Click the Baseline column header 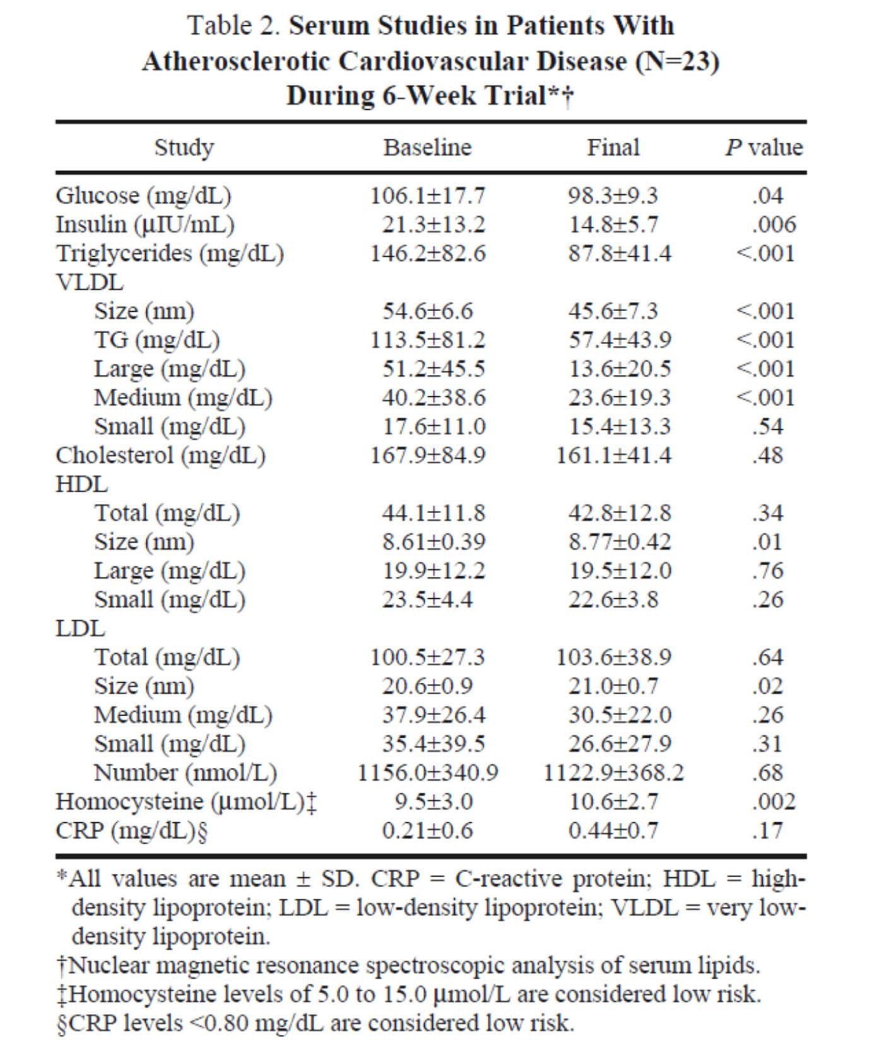[x=427, y=148]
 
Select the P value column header [x=763, y=148]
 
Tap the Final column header [x=613, y=148]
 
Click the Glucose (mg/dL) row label [x=144, y=196]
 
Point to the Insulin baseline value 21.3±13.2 [x=433, y=225]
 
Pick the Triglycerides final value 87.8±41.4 [x=620, y=254]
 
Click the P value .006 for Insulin [x=774, y=225]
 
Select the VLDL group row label [x=90, y=282]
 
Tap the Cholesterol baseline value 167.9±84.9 [x=427, y=456]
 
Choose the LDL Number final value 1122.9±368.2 [x=613, y=773]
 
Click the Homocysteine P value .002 [x=774, y=802]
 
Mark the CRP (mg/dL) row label [x=132, y=830]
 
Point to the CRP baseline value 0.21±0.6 [x=427, y=830]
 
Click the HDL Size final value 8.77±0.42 [x=620, y=542]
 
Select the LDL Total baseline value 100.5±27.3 [x=427, y=658]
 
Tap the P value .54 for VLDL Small [x=767, y=427]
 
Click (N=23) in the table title [x=677, y=62]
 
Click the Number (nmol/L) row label [x=186, y=773]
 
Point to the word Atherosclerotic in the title [x=237, y=62]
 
